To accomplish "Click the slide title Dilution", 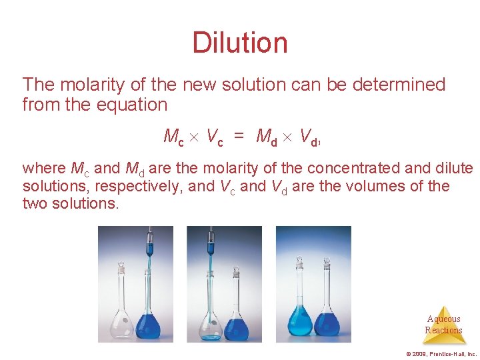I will click(x=240, y=43).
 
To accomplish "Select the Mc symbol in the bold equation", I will click(x=173, y=137).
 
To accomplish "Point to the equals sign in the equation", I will click(x=239, y=137).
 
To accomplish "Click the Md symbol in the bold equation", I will click(x=267, y=137).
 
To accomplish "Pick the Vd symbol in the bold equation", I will click(x=308, y=137).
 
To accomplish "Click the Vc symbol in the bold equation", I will click(x=214, y=137).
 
